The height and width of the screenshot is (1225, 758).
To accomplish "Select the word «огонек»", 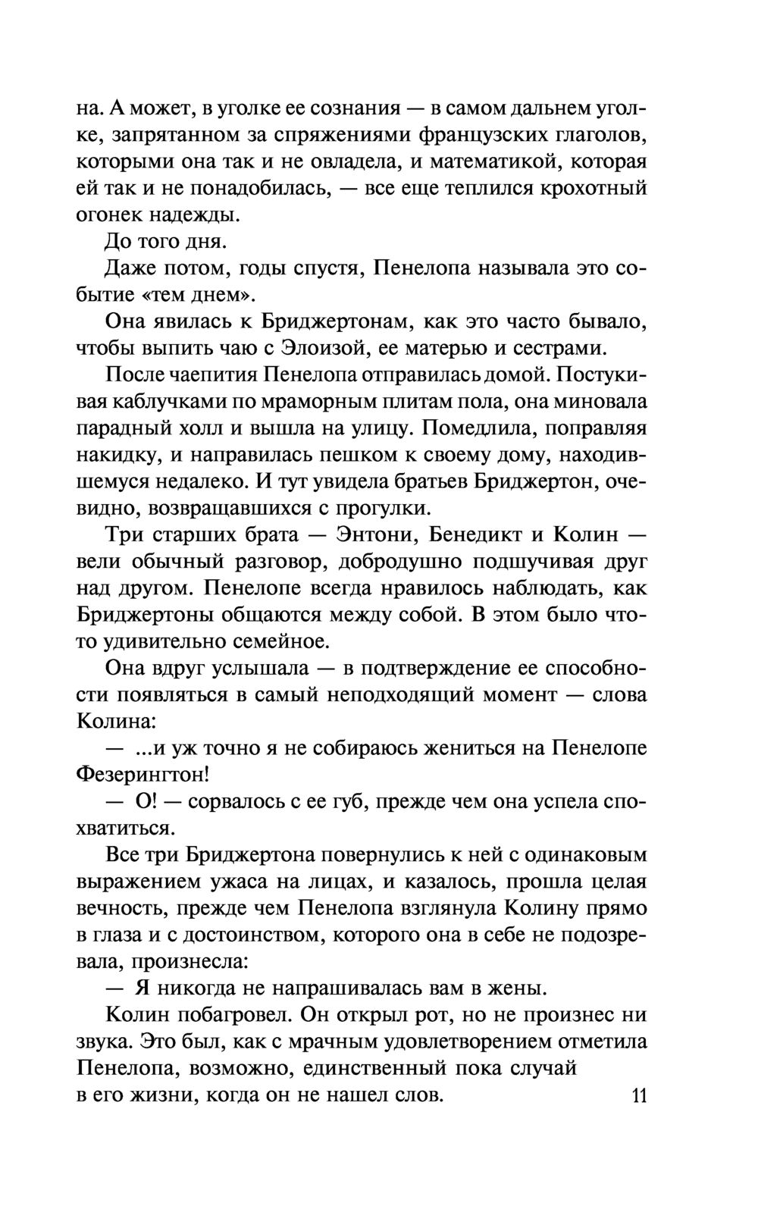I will pos(108,215).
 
